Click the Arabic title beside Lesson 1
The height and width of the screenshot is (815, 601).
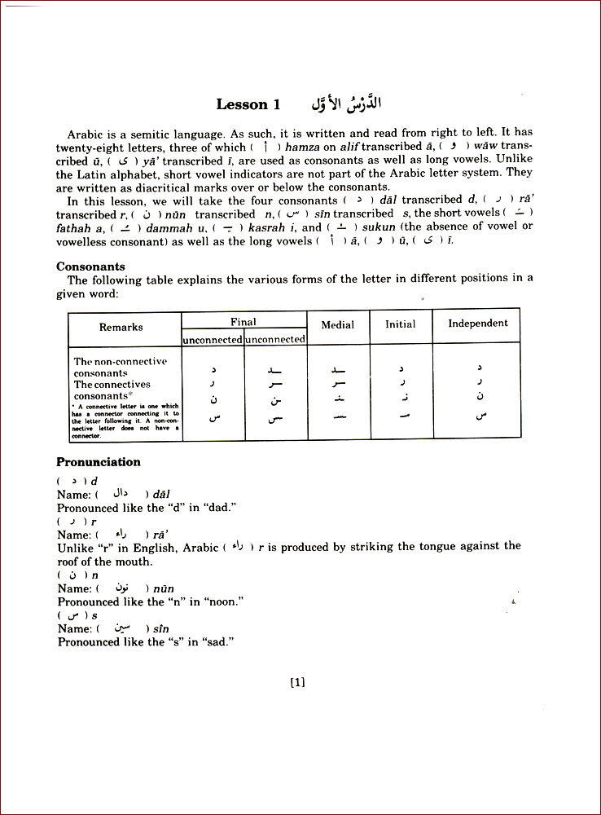click(336, 104)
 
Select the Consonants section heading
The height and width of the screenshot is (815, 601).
click(90, 267)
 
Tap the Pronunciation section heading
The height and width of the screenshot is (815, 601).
click(98, 462)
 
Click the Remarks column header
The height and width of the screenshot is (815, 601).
click(121, 327)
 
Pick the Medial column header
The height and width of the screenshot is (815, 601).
click(337, 324)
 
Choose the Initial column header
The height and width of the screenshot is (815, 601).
click(400, 324)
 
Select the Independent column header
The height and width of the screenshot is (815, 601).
click(477, 323)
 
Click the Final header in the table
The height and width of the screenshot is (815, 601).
click(243, 322)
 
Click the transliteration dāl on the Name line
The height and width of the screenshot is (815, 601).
click(162, 495)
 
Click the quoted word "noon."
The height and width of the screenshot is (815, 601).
click(227, 602)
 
